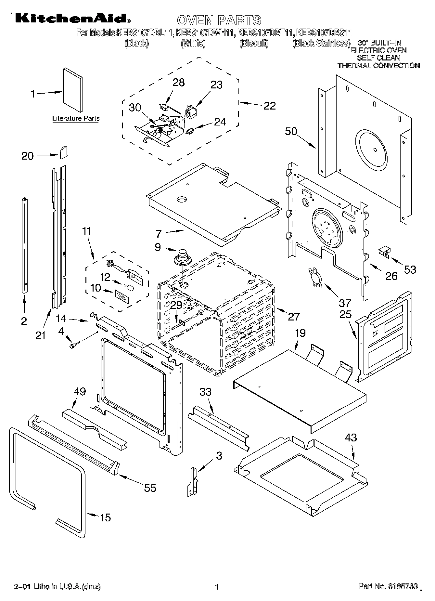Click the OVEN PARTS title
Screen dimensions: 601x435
(219, 20)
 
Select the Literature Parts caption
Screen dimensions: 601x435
(76, 119)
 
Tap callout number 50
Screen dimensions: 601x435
(291, 131)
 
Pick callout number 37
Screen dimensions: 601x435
(345, 303)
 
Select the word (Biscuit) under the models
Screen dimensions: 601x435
(254, 43)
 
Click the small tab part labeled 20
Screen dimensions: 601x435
(64, 152)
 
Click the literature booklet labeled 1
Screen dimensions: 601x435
(72, 89)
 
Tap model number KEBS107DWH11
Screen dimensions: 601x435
(206, 33)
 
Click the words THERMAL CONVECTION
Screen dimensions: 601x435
(378, 65)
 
